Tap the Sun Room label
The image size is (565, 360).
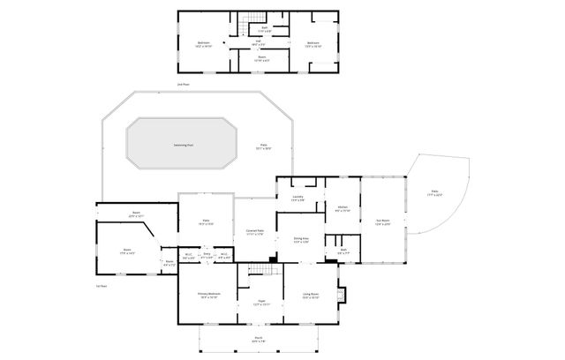[x=382, y=222]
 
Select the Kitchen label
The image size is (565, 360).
[x=343, y=208]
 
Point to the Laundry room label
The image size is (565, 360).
[x=298, y=199]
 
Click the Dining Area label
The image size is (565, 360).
[x=301, y=239]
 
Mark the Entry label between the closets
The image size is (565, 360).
[x=207, y=257]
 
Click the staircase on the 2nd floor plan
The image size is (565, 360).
[x=255, y=20]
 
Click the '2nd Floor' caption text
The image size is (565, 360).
[x=183, y=85]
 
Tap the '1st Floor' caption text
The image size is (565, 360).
[x=102, y=286]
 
